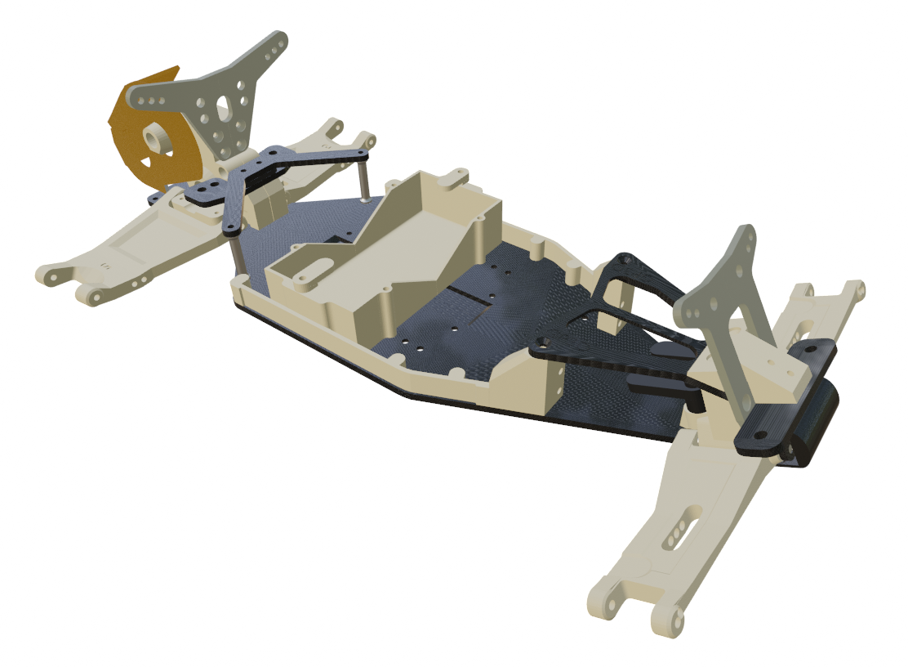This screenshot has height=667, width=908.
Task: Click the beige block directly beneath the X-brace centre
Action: pos(261,204)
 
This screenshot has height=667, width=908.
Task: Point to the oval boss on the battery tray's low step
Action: pos(311,271)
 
